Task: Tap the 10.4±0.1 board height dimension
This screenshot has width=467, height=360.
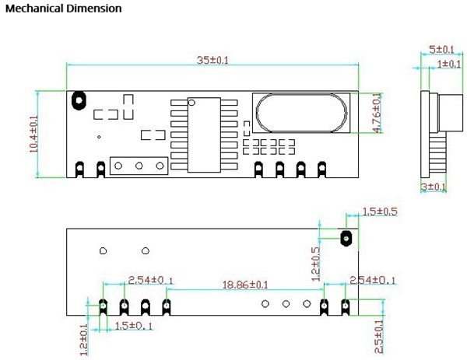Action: pos(34,135)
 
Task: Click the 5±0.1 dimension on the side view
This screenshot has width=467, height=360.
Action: pos(442,50)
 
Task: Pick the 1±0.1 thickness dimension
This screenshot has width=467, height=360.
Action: pos(448,63)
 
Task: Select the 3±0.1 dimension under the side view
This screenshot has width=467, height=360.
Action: pos(434,187)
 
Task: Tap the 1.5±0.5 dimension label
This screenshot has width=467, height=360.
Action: pos(380,211)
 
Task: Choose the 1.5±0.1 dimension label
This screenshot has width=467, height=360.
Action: pos(133,325)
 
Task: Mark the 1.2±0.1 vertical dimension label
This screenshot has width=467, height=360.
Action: pos(85,340)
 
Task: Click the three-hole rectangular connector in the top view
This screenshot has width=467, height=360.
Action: pos(139,166)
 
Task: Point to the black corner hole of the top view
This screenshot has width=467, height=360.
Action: pos(79,100)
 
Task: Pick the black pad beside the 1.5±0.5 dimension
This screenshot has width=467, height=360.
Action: pos(347,236)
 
